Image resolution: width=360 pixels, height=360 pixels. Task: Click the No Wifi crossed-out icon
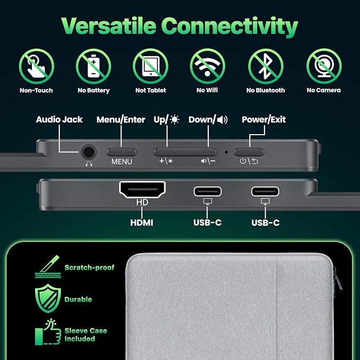point(207,66)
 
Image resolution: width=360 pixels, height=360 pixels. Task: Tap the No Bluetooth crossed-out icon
point(266,66)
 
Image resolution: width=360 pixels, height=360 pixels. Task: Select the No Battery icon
point(93,66)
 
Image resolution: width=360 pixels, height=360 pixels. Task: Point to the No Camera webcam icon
point(324,66)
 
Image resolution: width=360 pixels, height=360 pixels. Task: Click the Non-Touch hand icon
point(37,66)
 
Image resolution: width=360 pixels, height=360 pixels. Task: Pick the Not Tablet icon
point(151,66)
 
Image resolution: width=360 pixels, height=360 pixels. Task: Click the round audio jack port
point(89,152)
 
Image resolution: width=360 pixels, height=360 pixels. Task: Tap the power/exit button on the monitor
point(249,152)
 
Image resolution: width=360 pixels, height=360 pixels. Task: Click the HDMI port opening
point(142,189)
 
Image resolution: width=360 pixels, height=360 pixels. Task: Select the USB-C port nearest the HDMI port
point(207,191)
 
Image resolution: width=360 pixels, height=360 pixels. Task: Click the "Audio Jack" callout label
point(59,119)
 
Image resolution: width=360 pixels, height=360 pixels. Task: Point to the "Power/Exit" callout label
point(264,119)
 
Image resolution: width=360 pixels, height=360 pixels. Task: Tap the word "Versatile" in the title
point(109,25)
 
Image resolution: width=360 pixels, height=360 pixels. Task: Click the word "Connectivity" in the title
point(230,27)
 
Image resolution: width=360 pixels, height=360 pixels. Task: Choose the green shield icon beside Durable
point(48,298)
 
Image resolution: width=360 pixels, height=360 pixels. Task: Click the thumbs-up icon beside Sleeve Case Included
point(48,332)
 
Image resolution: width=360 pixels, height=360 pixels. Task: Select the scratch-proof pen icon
point(48,267)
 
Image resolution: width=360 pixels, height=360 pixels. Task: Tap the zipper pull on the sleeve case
point(338,278)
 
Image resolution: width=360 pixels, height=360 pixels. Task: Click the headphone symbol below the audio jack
point(89,164)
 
